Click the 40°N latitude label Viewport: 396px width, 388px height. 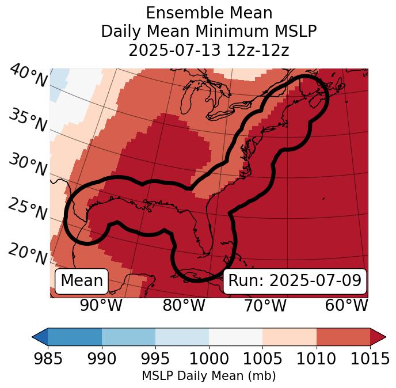(28, 76)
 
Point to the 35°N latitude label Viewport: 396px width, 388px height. (28, 120)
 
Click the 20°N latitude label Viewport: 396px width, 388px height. (28, 253)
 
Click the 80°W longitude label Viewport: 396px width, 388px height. (184, 306)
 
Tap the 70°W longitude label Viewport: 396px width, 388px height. (265, 306)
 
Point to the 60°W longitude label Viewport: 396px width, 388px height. (346, 306)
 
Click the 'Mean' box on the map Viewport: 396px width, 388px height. (82, 281)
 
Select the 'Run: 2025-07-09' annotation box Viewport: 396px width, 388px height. (295, 281)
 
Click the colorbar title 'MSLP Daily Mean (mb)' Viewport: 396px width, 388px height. (208, 376)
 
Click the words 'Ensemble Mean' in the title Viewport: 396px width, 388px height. (208, 13)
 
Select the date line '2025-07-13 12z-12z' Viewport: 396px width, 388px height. (208, 50)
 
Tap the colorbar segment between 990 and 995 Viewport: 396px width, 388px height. (128, 336)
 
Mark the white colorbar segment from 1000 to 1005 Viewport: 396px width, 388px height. (235, 336)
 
